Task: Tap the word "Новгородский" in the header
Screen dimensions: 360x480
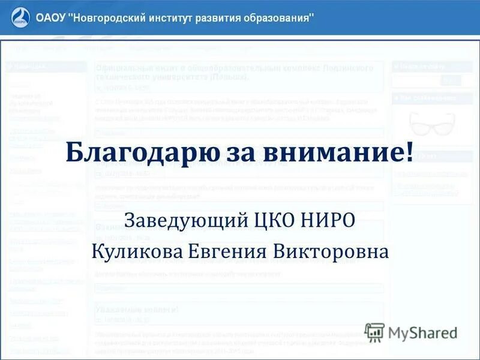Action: click(x=113, y=17)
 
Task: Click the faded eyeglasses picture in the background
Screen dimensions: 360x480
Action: click(x=431, y=123)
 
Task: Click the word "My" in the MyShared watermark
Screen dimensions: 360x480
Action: click(x=398, y=334)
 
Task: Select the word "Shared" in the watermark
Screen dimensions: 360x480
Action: click(x=434, y=333)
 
